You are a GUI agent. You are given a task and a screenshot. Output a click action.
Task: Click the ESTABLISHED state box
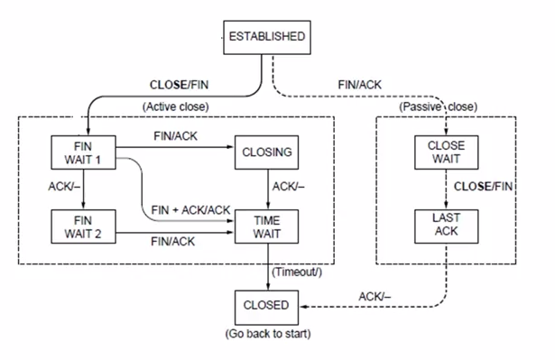pyautogui.click(x=265, y=37)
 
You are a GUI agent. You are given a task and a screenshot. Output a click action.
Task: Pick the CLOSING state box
pyautogui.click(x=267, y=152)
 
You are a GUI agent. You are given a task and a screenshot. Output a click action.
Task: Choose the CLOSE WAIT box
pyautogui.click(x=446, y=152)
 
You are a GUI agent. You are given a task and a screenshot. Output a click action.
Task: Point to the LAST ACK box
pyautogui.click(x=446, y=225)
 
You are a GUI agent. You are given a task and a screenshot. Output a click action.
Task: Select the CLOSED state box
pyautogui.click(x=266, y=305)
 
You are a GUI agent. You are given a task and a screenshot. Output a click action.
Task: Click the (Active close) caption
pyautogui.click(x=175, y=106)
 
